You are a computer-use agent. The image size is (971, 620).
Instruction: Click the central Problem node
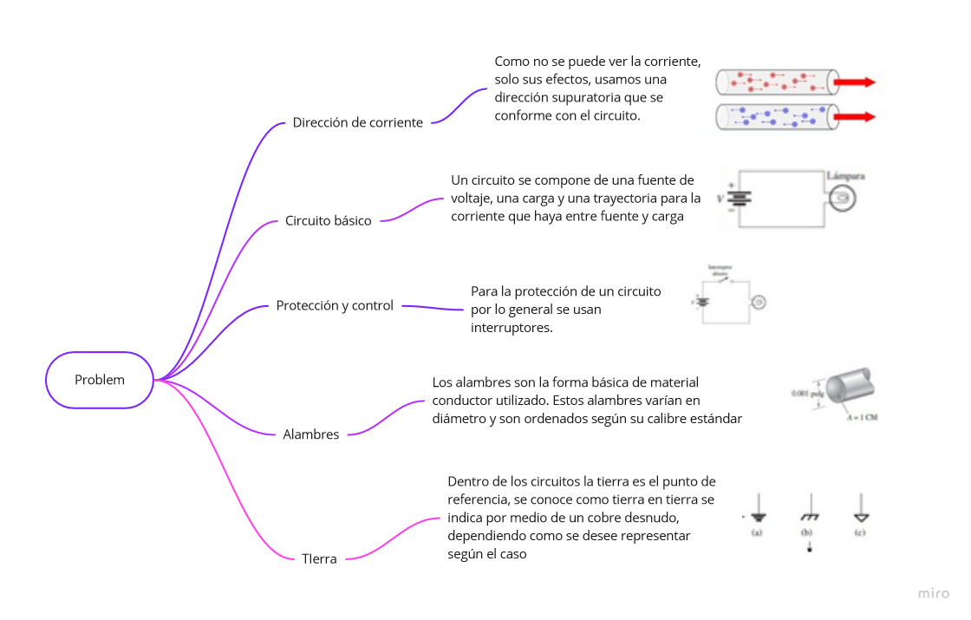100,380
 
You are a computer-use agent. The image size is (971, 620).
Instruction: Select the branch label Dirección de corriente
357,123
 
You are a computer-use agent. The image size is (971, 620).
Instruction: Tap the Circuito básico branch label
328,221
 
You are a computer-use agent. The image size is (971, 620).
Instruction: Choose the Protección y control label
335,306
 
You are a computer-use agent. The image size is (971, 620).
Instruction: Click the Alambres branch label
311,435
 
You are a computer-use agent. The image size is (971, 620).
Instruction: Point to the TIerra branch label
319,559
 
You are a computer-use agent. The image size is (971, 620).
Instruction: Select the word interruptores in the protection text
512,327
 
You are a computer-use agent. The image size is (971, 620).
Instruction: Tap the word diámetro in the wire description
459,419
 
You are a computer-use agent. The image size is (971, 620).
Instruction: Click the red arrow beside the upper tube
855,82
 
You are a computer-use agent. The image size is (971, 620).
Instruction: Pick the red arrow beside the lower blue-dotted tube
855,116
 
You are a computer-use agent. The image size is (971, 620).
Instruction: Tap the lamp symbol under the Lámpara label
842,198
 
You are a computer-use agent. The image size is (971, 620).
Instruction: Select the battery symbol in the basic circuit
739,197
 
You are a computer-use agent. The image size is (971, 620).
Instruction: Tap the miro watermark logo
935,594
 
